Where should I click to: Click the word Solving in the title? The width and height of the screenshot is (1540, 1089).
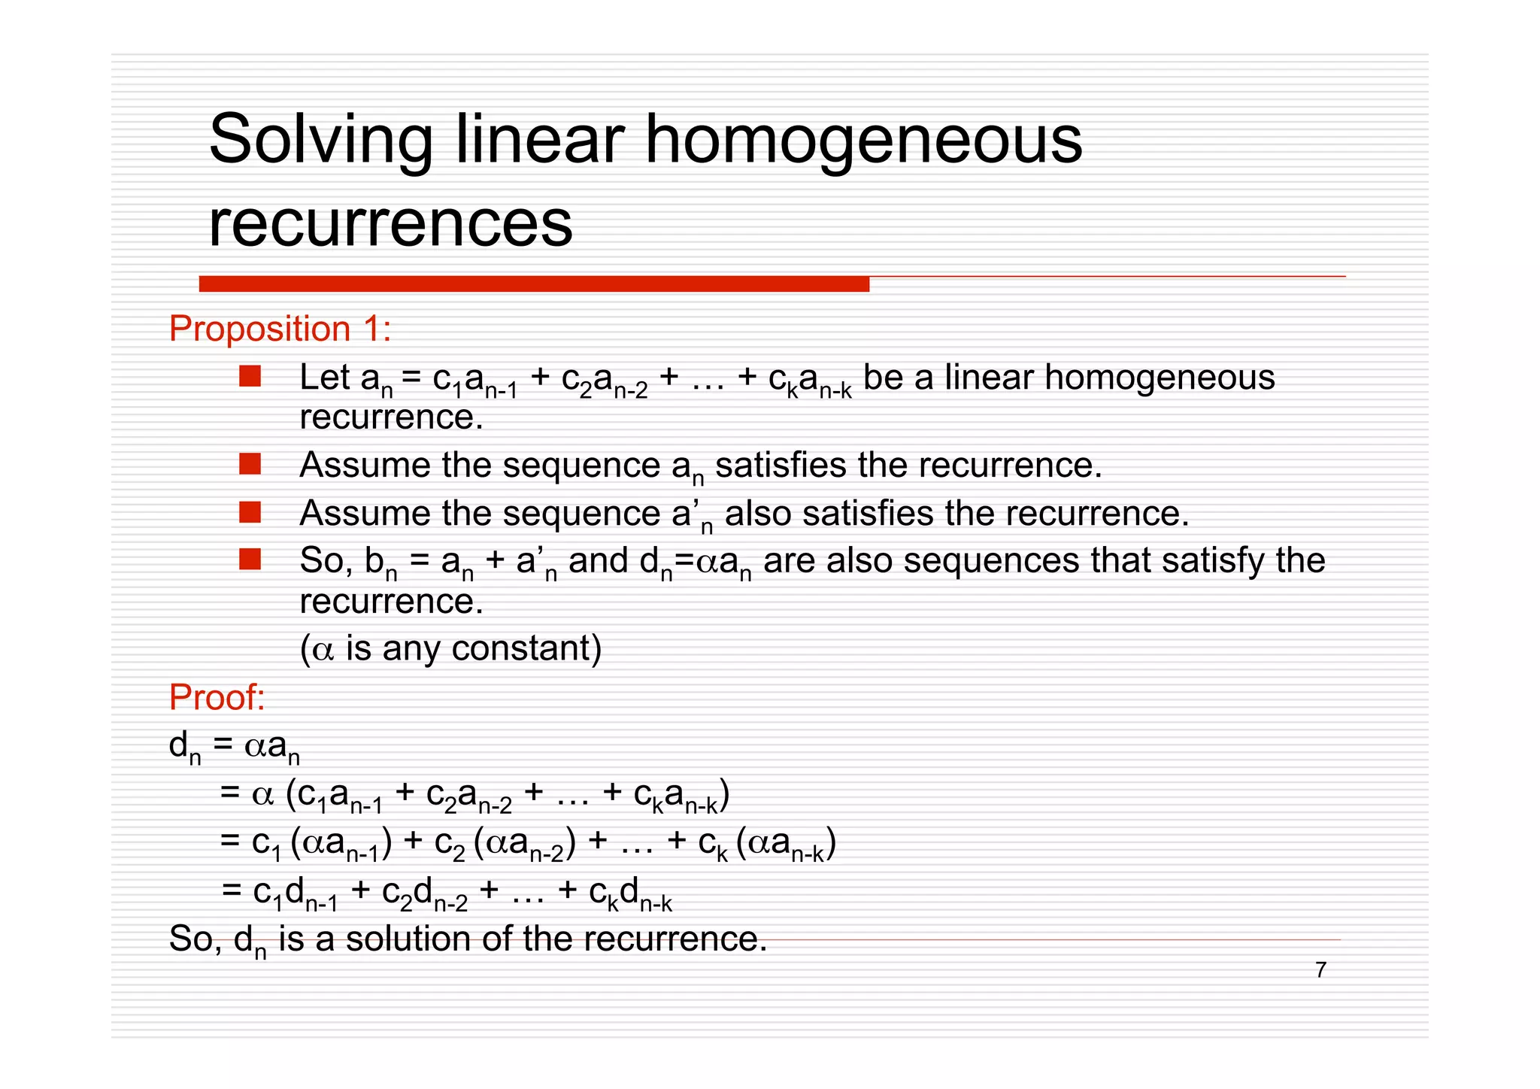(x=320, y=140)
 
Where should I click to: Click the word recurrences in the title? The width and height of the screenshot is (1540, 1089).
(x=390, y=223)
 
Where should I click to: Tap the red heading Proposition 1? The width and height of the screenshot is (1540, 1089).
(x=280, y=329)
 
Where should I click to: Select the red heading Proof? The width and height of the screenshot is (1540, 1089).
(x=217, y=697)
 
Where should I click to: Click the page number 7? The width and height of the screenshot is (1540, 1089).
(x=1320, y=970)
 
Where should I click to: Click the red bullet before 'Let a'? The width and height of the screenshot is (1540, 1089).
(x=250, y=376)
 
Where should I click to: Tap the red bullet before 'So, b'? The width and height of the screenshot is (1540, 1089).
(x=250, y=560)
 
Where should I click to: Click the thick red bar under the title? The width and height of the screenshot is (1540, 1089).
(x=534, y=284)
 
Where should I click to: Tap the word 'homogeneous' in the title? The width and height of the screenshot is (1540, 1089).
(x=863, y=140)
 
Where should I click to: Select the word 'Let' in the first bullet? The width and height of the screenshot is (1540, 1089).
(x=325, y=378)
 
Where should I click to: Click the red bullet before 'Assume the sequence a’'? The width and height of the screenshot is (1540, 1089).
(x=250, y=513)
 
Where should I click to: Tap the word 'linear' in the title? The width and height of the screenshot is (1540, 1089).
(x=540, y=140)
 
